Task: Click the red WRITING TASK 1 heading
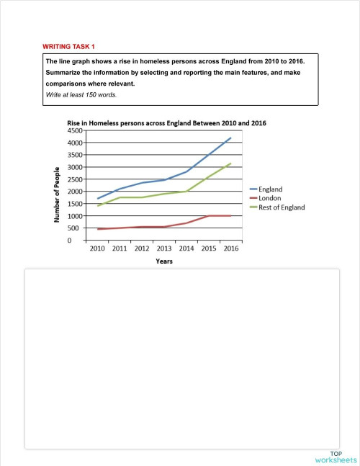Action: (x=68, y=47)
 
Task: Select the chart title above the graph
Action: (x=166, y=123)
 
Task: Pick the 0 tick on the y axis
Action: (x=81, y=241)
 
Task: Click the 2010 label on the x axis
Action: (x=97, y=248)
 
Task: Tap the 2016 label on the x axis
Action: (x=230, y=248)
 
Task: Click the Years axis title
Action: (x=163, y=261)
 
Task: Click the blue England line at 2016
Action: (x=230, y=138)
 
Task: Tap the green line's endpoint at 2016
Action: (x=230, y=163)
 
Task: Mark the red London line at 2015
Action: (x=208, y=216)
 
